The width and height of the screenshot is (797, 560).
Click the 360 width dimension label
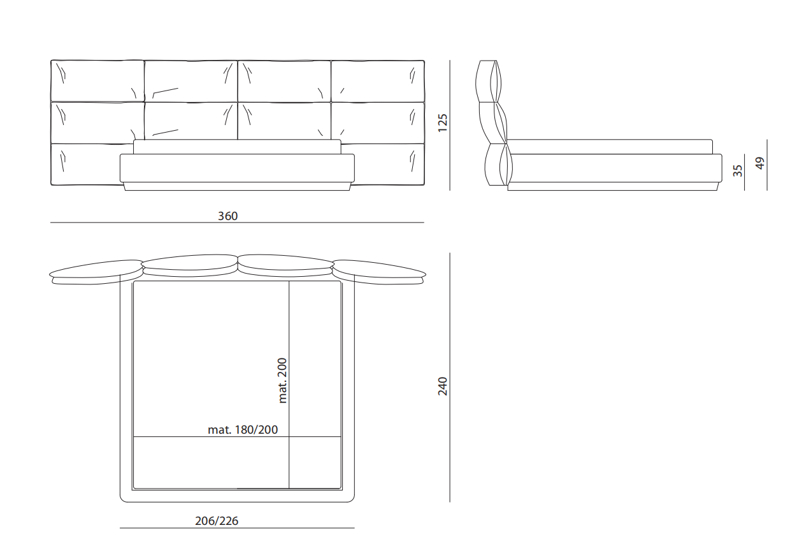pyautogui.click(x=227, y=216)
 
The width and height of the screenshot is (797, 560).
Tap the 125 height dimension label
pyautogui.click(x=442, y=123)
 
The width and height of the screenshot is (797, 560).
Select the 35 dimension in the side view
pyautogui.click(x=738, y=171)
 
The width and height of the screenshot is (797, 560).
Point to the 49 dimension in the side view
pyautogui.click(x=759, y=163)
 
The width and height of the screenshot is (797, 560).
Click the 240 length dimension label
pyautogui.click(x=442, y=386)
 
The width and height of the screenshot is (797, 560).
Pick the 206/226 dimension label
pyautogui.click(x=217, y=521)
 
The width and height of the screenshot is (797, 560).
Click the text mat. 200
pyautogui.click(x=282, y=381)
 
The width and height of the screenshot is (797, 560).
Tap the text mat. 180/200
pyautogui.click(x=243, y=430)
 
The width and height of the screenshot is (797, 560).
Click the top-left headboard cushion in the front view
pyautogui.click(x=97, y=81)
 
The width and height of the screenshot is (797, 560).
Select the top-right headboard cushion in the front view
pyautogui.click(x=378, y=81)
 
